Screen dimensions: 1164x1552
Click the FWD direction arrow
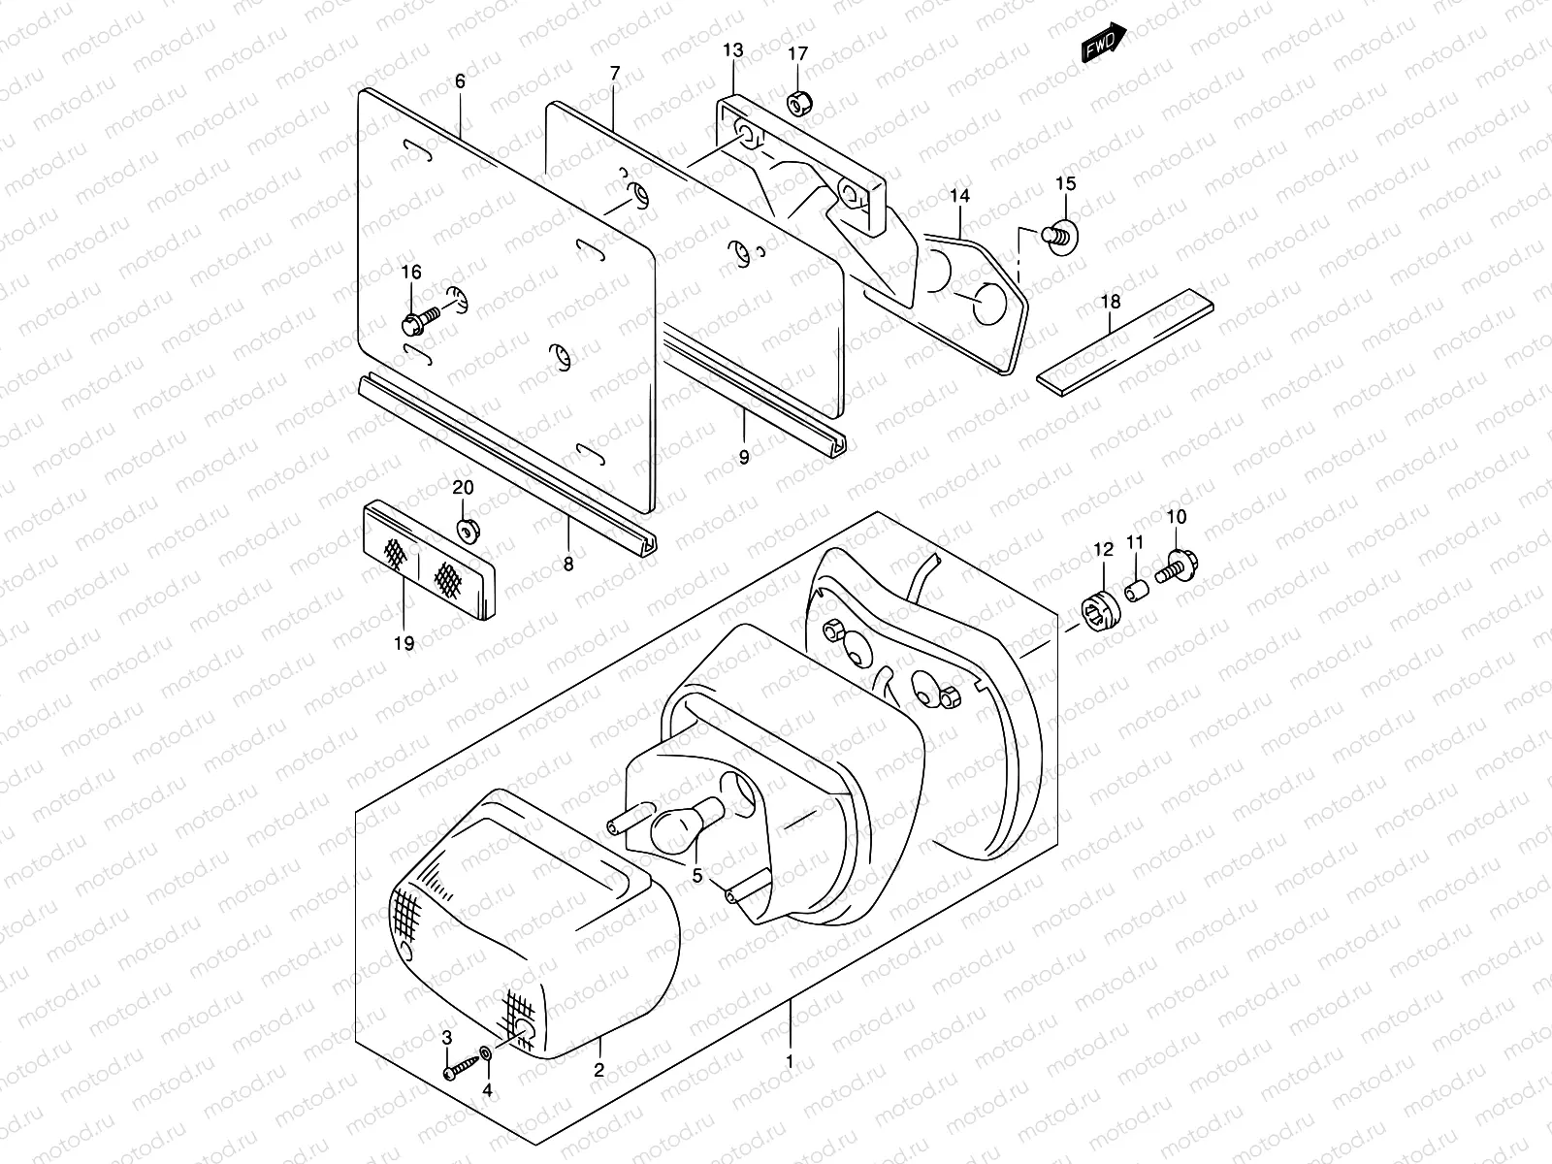point(1105,42)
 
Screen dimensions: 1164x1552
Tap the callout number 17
point(796,53)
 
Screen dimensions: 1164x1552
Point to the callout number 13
point(732,49)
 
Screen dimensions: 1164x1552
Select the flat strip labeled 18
point(1125,339)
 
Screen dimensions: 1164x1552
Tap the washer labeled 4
point(484,1052)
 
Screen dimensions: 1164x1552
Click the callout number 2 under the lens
point(599,1071)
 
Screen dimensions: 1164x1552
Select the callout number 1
point(791,1062)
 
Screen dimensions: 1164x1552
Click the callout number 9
point(744,457)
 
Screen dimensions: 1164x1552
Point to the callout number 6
point(460,81)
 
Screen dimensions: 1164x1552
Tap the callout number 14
point(959,196)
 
